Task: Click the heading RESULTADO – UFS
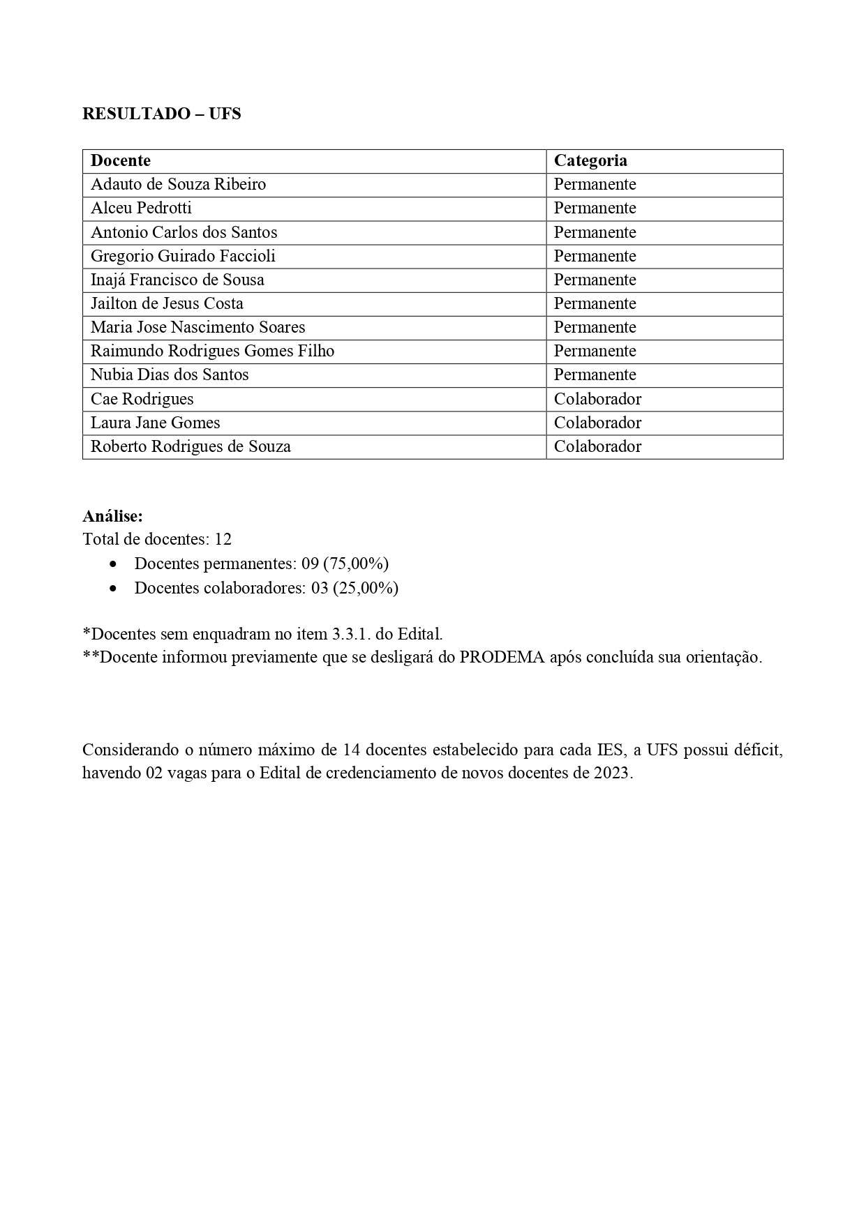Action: tap(161, 114)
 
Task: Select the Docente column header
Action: tap(121, 160)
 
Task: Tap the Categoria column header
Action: tap(590, 160)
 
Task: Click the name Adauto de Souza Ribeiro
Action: tap(178, 184)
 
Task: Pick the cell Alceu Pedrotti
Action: tap(141, 208)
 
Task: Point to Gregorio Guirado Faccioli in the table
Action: tap(183, 256)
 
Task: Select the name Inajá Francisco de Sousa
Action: tap(177, 280)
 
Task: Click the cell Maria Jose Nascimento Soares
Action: tap(197, 327)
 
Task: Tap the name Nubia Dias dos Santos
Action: tap(170, 375)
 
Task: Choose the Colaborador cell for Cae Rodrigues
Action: tap(597, 399)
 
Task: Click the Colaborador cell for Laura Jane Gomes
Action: tap(597, 423)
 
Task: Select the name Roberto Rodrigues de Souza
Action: tap(191, 446)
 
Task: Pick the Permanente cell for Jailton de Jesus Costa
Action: tap(595, 303)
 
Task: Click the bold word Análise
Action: tap(112, 516)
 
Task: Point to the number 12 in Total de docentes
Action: tap(223, 539)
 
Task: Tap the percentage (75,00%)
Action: tap(356, 564)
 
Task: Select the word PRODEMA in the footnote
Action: tap(502, 657)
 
